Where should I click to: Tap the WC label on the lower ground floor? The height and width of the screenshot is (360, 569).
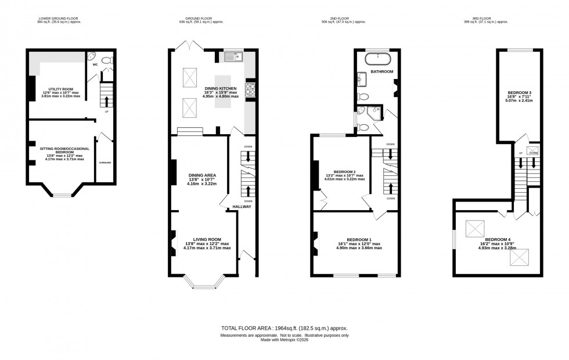click(95, 65)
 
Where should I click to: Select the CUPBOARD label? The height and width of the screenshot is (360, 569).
click(105, 163)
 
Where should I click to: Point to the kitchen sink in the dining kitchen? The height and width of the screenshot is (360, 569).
click(233, 56)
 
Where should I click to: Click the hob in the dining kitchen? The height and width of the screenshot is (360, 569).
click(250, 89)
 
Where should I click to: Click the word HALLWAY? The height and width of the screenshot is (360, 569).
click(242, 206)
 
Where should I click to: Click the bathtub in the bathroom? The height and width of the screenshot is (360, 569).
click(377, 57)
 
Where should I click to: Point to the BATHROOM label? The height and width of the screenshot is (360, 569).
click(382, 72)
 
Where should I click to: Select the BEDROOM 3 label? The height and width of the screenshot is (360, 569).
click(520, 93)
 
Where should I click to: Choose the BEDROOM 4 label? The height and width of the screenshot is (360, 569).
click(497, 239)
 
